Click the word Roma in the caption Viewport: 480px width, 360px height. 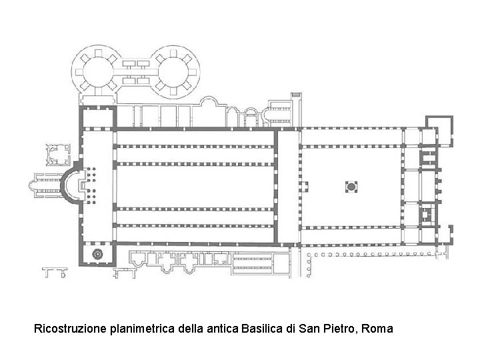tap(379, 329)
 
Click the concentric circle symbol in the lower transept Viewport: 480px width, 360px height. tap(99, 253)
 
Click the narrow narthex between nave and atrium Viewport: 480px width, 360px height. tap(287, 187)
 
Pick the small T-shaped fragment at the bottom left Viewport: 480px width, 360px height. tap(56, 271)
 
